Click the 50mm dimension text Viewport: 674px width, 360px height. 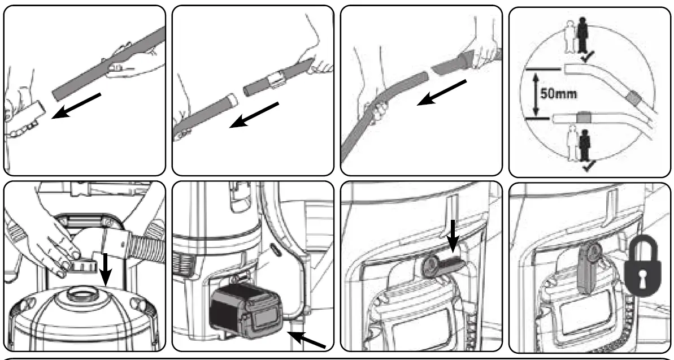559,93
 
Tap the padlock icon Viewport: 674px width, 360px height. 642,265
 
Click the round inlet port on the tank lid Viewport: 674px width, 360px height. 80,296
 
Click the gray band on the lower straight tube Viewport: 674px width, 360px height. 583,117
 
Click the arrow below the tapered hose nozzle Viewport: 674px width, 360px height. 442,93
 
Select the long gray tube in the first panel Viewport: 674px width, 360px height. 107,63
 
